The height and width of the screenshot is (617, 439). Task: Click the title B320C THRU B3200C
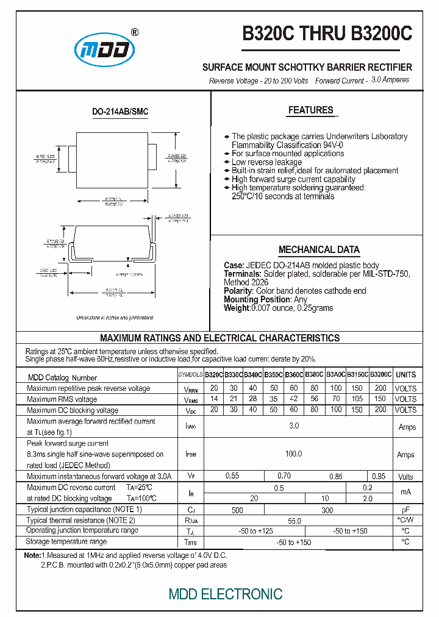pos(327,34)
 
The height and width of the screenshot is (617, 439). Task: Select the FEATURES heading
pos(310,110)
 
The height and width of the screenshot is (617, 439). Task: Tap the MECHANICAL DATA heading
pos(319,249)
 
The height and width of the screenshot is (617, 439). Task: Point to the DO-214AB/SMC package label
pos(120,112)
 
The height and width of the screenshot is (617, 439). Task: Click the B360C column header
pos(294,375)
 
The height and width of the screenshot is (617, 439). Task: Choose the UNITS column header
pos(405,375)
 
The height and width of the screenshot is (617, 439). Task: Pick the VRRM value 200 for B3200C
pos(380,388)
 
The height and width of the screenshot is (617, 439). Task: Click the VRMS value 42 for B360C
pos(294,399)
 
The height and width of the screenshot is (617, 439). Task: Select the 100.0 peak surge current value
pos(294,454)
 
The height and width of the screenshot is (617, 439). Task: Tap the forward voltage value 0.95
pos(379,476)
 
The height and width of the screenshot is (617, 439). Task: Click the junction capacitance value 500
pos(237,510)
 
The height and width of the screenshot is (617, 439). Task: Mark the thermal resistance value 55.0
pos(294,520)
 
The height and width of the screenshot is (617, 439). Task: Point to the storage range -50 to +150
pos(294,542)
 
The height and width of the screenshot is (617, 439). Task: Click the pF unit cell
pos(405,509)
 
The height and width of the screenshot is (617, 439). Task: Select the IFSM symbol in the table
pos(191,455)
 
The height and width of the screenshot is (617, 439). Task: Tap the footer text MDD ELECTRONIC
pos(225,594)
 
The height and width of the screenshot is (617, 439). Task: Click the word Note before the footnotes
pos(32,556)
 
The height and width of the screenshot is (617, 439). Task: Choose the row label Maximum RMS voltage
pos(62,399)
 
